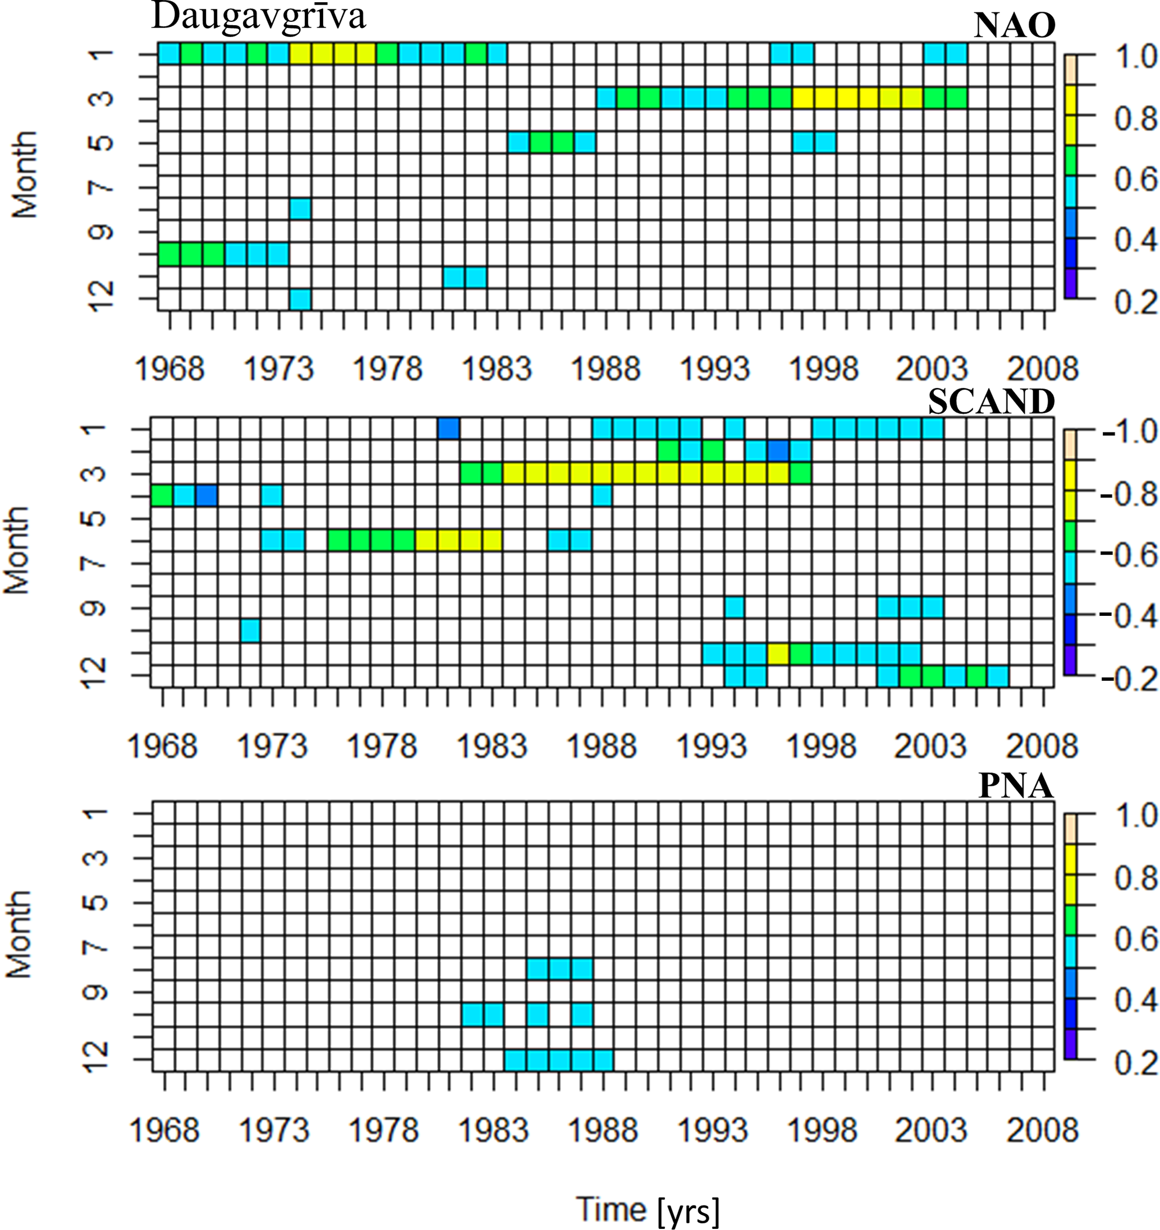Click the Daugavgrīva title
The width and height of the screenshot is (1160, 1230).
click(259, 17)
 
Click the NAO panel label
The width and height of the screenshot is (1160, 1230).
click(1014, 26)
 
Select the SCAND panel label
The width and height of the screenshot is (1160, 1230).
click(991, 402)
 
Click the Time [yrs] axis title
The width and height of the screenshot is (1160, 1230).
click(648, 1208)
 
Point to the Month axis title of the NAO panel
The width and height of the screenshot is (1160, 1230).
click(25, 174)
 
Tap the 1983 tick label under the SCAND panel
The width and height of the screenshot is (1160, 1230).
click(492, 746)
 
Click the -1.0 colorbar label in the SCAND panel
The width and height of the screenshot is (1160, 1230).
click(1129, 431)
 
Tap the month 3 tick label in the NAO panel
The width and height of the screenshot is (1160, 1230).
click(102, 98)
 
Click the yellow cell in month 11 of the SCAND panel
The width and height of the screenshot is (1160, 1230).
click(778, 653)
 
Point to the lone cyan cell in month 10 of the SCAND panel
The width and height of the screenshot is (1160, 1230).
click(250, 631)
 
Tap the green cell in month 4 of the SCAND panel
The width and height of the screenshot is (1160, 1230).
click(162, 496)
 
